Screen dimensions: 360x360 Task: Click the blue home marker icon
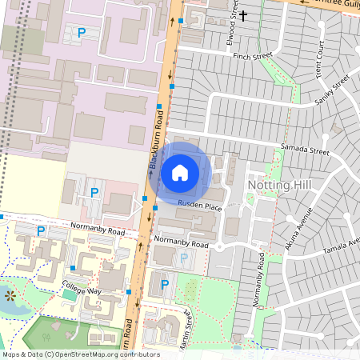click(180, 172)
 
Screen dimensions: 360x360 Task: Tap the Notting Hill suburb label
click(278, 185)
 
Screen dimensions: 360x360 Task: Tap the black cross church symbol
click(243, 14)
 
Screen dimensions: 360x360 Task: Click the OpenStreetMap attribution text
click(70, 354)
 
